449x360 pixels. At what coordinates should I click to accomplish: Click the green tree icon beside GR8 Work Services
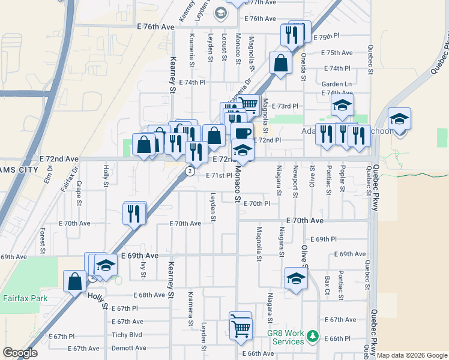tap(312, 336)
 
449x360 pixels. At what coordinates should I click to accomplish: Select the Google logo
tap(20, 353)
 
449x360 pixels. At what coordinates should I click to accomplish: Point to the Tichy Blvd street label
tap(127, 335)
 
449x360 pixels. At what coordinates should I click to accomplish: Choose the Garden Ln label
tap(337, 84)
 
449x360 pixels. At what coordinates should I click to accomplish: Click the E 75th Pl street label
tap(334, 37)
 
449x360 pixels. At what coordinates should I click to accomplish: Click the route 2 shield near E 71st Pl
tap(190, 172)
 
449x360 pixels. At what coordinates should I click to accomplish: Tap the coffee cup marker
tap(242, 133)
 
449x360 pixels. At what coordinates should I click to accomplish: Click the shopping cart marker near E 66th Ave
tap(240, 328)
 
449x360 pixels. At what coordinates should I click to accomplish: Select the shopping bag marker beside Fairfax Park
tap(75, 281)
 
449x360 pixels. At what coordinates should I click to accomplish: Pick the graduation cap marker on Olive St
tap(295, 279)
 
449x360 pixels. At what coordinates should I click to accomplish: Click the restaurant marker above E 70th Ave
tap(134, 213)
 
